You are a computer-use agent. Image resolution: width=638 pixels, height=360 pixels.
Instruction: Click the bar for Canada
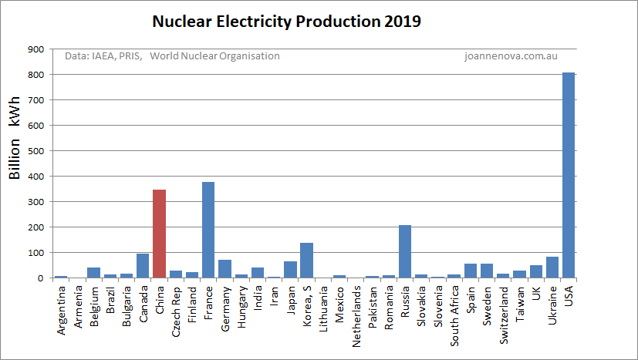tap(143, 265)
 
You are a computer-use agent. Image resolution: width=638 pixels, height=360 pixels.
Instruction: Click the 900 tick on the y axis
tap(35, 49)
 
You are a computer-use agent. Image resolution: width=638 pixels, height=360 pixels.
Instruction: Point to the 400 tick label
tap(35, 177)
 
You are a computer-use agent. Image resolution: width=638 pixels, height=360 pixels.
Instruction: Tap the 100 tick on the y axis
tap(35, 253)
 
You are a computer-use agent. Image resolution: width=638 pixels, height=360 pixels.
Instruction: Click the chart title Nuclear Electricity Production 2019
tap(286, 22)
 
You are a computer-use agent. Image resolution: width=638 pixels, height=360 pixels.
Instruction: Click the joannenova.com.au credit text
tap(511, 56)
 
